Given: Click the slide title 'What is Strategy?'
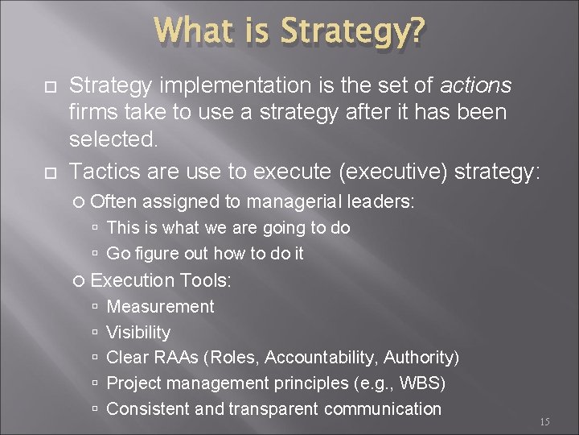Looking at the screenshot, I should coord(289,32).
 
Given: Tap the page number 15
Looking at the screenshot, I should coord(544,421).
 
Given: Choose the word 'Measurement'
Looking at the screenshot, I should coord(160,307).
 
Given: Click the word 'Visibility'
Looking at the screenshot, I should coord(138,333).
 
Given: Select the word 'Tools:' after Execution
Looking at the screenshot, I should coord(206,280).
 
